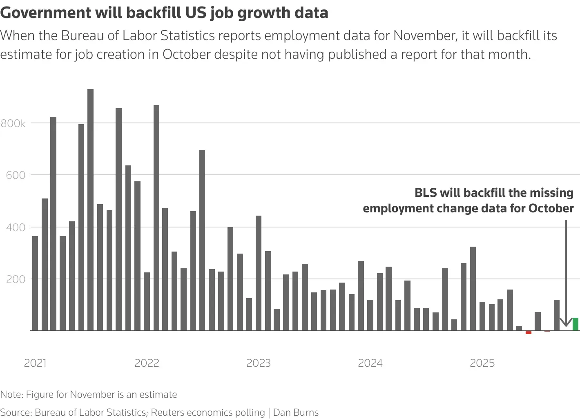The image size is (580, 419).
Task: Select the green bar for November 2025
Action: (575, 324)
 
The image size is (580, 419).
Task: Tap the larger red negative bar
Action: (529, 332)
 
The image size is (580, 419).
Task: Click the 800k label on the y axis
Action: (13, 123)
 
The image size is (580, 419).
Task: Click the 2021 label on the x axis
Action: (35, 363)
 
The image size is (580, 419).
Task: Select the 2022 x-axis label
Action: (147, 363)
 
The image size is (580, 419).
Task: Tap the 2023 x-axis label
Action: (259, 363)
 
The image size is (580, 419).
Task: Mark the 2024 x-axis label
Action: (370, 363)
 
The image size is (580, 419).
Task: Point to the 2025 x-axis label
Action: (482, 363)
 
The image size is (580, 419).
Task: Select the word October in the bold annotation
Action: (551, 208)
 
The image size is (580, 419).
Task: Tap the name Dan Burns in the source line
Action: (296, 412)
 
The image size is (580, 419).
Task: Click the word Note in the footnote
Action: (11, 394)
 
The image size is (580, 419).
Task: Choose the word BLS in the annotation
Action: (426, 193)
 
